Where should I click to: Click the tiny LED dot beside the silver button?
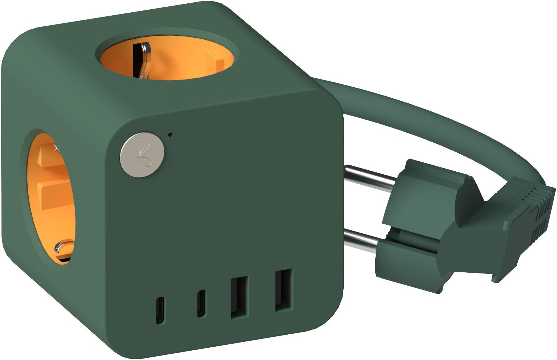(170, 134)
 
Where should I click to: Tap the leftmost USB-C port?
(160, 310)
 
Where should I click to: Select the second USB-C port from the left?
(201, 303)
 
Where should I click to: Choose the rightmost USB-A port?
(283, 290)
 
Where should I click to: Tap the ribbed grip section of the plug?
(535, 208)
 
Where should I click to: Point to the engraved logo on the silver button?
(142, 155)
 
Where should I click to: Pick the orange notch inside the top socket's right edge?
(216, 59)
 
